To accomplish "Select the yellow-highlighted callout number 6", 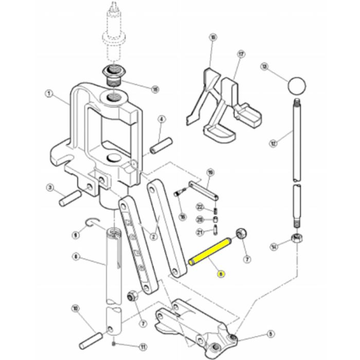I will (x=221, y=275).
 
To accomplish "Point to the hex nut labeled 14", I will (x=297, y=239).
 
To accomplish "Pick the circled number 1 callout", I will (x=48, y=94).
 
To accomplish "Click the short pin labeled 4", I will (x=157, y=146).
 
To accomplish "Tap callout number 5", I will (x=271, y=334).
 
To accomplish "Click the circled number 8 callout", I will (x=76, y=256).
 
